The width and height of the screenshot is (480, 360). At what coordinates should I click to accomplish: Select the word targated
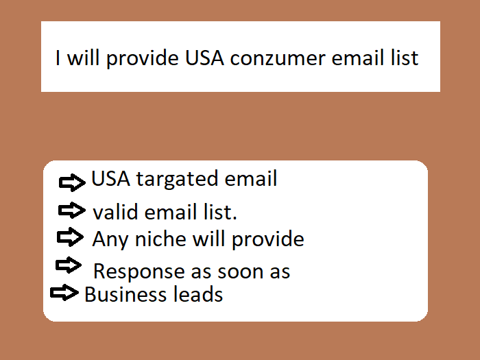pos(169,180)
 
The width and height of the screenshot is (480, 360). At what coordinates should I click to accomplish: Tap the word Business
pos(121,295)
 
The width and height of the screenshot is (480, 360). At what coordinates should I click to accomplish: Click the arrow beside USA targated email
pos(72,182)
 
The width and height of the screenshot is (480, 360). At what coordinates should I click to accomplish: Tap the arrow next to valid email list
pos(71,210)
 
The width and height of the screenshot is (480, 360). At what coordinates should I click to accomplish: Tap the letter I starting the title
pos(59,58)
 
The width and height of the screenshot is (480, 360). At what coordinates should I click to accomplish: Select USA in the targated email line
pos(111,180)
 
